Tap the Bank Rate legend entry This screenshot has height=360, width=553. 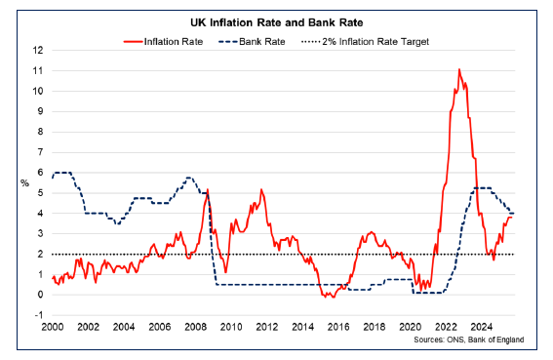(260, 41)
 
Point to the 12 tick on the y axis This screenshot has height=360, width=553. (38, 51)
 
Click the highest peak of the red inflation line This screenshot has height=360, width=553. (458, 70)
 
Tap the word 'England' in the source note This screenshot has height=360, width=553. (505, 340)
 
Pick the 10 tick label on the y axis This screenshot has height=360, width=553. (38, 91)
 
